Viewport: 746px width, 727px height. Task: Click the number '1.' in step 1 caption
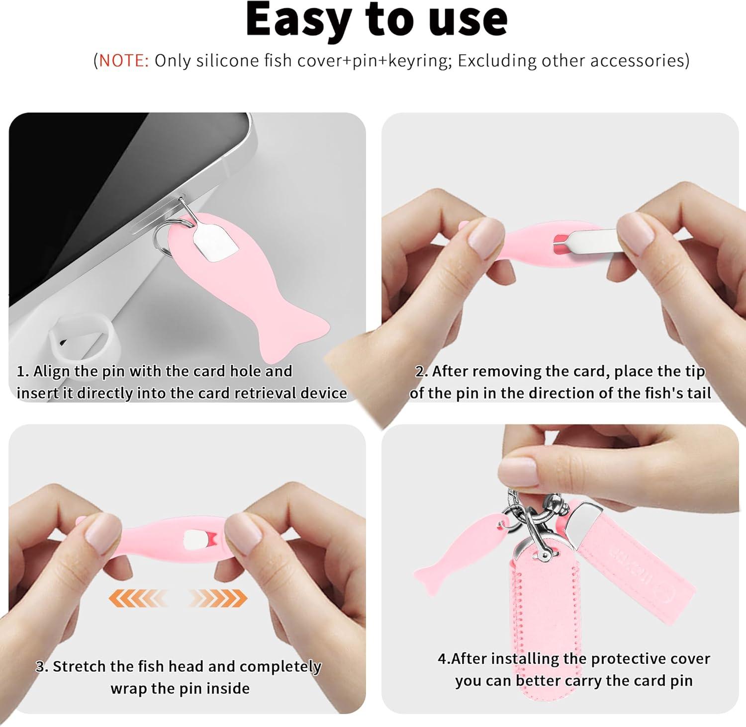click(x=23, y=372)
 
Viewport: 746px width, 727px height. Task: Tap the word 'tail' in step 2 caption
click(x=699, y=393)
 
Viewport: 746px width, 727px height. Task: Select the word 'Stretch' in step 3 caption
click(x=78, y=666)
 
